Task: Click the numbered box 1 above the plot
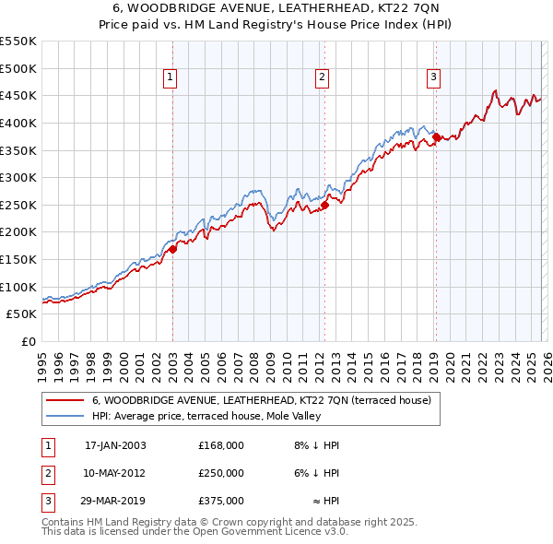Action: [x=172, y=78]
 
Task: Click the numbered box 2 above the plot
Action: [x=323, y=78]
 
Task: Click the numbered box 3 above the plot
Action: [x=433, y=78]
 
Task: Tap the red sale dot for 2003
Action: [x=172, y=249]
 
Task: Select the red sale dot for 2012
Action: [x=324, y=205]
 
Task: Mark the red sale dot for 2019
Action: [x=436, y=136]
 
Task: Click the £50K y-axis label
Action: [x=22, y=314]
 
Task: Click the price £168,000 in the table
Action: [x=221, y=445]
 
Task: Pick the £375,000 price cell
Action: [x=221, y=501]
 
